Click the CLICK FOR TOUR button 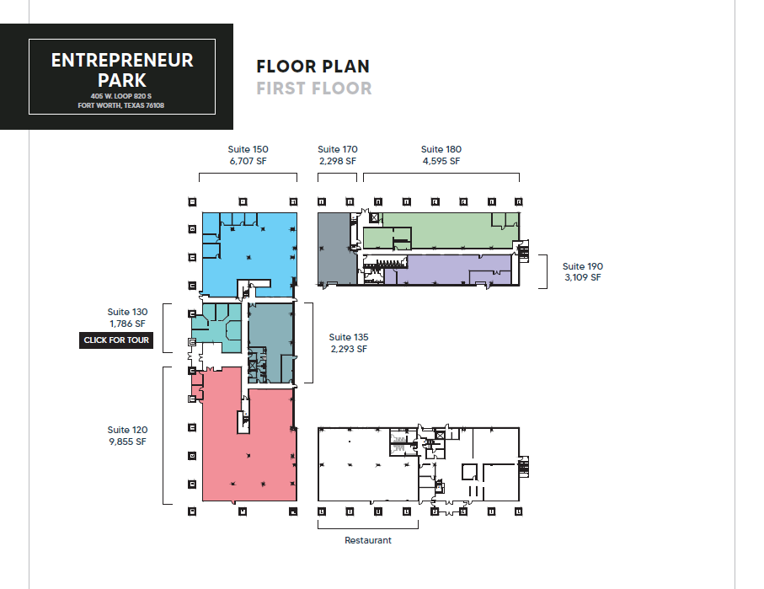116,340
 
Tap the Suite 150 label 248,149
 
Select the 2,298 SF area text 337,161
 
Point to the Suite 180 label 441,149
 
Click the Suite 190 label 583,266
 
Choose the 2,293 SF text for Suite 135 349,349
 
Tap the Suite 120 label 127,430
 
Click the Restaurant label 368,540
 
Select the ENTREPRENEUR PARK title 122,70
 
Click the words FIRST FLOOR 313,88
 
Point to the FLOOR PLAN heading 313,67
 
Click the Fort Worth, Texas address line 121,106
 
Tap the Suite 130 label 127,312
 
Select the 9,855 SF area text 127,442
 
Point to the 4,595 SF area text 441,161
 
